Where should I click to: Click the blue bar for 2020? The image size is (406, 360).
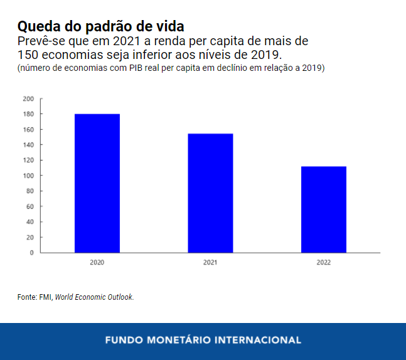point(97,183)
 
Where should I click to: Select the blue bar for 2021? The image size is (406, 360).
point(210,193)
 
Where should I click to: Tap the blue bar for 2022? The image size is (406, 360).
point(324,209)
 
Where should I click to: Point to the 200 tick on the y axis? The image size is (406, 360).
point(28,98)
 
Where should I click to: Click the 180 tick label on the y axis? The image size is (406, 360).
point(28,114)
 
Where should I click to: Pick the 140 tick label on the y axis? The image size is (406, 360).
point(28,145)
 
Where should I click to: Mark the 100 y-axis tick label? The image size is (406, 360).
point(28,176)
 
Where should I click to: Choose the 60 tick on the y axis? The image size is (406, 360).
point(30,206)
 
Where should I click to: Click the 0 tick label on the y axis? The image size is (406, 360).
point(32,253)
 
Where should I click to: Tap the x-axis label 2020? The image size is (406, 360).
point(97,262)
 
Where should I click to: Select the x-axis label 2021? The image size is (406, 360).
point(210,262)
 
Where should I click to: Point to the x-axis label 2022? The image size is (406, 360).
point(324,262)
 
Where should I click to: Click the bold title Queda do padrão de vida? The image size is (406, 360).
point(100,27)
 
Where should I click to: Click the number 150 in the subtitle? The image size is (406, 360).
point(30,55)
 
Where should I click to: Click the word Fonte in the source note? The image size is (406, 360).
point(27,297)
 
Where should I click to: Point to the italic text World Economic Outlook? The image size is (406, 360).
point(94,297)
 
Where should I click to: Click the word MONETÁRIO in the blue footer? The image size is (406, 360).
point(178,341)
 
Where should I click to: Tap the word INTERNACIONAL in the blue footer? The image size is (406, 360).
point(258,341)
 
